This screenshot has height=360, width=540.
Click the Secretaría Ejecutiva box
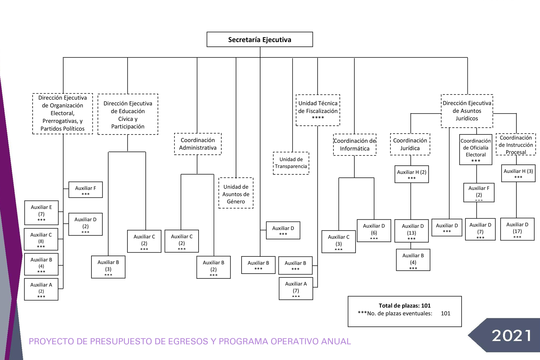[260, 39]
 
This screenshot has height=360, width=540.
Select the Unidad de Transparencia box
[291, 163]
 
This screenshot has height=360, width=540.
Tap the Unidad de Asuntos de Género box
[236, 193]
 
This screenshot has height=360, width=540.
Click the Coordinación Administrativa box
[198, 144]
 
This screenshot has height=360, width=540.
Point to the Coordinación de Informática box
[355, 145]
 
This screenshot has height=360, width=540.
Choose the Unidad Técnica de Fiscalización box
[318, 110]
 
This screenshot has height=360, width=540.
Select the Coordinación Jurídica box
[410, 144]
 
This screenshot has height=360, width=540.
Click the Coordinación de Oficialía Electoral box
[476, 150]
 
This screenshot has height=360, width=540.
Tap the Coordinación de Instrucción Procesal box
[516, 144]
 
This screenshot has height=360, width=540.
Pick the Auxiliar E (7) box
[41, 213]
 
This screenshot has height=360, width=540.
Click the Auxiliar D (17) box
[517, 229]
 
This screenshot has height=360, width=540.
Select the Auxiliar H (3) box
[518, 173]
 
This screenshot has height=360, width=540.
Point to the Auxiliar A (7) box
[296, 289]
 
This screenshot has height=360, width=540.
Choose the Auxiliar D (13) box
[411, 231]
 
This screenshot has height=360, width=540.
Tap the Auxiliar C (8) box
[41, 239]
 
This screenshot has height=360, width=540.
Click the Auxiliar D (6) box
[374, 231]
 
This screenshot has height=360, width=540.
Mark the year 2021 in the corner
[511, 336]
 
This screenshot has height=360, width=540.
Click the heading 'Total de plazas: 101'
[404, 305]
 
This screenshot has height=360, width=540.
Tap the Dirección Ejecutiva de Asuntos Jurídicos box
[467, 111]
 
